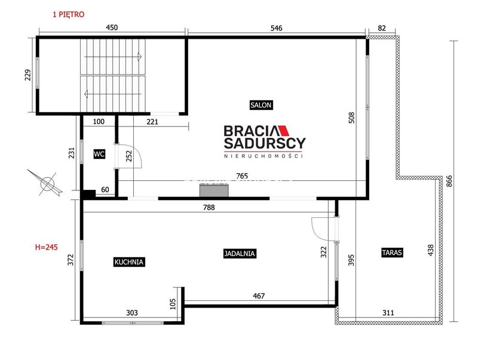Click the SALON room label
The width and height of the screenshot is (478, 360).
click(x=261, y=105)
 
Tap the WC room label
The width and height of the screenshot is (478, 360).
click(x=99, y=154)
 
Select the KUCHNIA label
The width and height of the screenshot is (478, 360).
click(x=129, y=262)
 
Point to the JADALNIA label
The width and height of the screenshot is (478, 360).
click(x=240, y=253)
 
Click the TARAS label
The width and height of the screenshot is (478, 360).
click(x=392, y=253)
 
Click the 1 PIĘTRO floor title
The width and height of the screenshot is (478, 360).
click(x=69, y=14)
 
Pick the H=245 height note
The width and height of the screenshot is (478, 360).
click(x=47, y=247)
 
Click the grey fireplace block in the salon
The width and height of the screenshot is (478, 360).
click(x=215, y=190)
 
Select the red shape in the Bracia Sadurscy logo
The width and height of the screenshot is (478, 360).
click(x=284, y=130)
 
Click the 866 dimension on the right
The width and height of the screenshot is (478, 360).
click(x=449, y=181)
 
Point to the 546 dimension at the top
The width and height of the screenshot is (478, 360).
click(x=277, y=28)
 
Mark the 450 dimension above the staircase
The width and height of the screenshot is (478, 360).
click(x=112, y=27)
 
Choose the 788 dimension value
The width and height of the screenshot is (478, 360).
click(x=209, y=207)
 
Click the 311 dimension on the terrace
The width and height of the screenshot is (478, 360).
click(x=388, y=312)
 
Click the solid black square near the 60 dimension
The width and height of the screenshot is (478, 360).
click(x=89, y=194)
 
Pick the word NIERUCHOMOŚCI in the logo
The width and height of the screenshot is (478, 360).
click(x=263, y=156)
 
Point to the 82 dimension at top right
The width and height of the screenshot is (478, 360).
click(x=382, y=28)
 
